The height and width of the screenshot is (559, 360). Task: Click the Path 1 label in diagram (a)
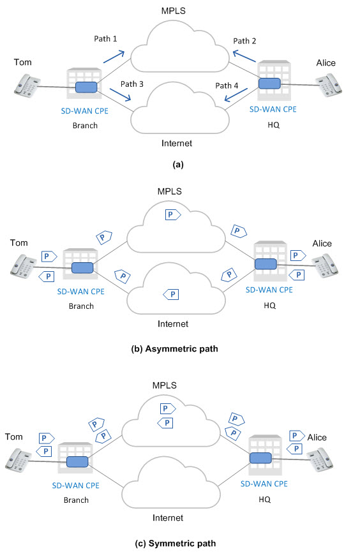pyautogui.click(x=105, y=38)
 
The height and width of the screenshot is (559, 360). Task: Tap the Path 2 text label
pyautogui.click(x=244, y=41)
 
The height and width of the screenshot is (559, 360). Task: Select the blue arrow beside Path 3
pyautogui.click(x=121, y=94)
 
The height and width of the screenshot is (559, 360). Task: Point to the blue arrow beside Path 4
pyautogui.click(x=236, y=95)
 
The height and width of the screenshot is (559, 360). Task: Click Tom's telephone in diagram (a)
pyautogui.click(x=27, y=86)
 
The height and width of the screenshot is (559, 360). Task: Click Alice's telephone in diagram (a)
pyautogui.click(x=329, y=86)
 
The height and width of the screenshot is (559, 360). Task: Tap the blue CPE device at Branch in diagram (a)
pyautogui.click(x=86, y=87)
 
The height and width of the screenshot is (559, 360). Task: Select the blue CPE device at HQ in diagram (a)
pyautogui.click(x=269, y=84)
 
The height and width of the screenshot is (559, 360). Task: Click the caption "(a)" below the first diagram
pyautogui.click(x=178, y=165)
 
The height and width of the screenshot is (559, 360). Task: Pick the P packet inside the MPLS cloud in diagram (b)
pyautogui.click(x=173, y=214)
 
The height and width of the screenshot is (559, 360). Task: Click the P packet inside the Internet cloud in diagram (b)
pyautogui.click(x=170, y=294)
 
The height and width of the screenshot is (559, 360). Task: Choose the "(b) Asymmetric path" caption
pyautogui.click(x=174, y=348)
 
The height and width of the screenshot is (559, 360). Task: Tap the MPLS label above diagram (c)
pyautogui.click(x=164, y=385)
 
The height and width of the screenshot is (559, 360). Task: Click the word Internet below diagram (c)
pyautogui.click(x=167, y=518)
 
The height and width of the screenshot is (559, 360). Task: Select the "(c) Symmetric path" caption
pyautogui.click(x=175, y=543)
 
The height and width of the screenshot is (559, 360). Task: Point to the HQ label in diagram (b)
pyautogui.click(x=269, y=306)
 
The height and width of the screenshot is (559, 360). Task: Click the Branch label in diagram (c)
pyautogui.click(x=76, y=500)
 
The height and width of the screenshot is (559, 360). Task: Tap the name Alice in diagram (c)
pyautogui.click(x=317, y=437)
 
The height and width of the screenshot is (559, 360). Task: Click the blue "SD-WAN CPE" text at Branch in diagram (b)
pyautogui.click(x=81, y=292)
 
